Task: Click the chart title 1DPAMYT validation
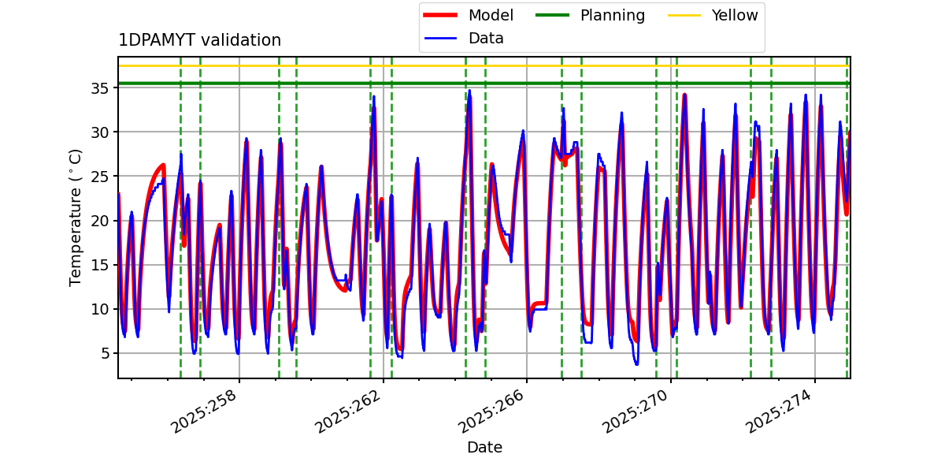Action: click(x=199, y=40)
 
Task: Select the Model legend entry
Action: click(x=491, y=16)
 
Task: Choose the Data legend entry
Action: click(x=486, y=39)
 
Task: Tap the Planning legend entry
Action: click(x=612, y=16)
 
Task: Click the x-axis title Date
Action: click(x=484, y=448)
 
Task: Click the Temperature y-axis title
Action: click(x=76, y=218)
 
